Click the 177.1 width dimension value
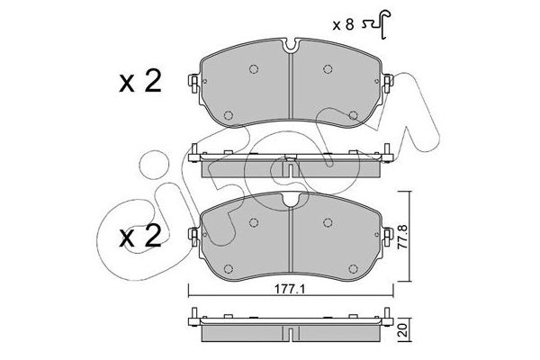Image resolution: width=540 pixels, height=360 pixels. coord(291,289)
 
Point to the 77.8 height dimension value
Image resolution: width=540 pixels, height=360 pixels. coord(402,237)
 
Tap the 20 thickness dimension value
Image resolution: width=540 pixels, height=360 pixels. coord(403,330)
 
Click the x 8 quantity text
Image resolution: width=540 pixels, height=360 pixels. coord(343,25)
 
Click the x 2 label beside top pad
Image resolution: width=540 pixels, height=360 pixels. coord(140,82)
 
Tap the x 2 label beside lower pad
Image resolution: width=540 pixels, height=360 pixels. coord(140,237)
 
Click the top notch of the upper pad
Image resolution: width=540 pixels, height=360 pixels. coord(291,47)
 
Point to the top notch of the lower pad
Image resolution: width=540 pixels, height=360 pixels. coord(291,200)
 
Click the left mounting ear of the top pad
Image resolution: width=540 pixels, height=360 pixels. coord(193,84)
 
